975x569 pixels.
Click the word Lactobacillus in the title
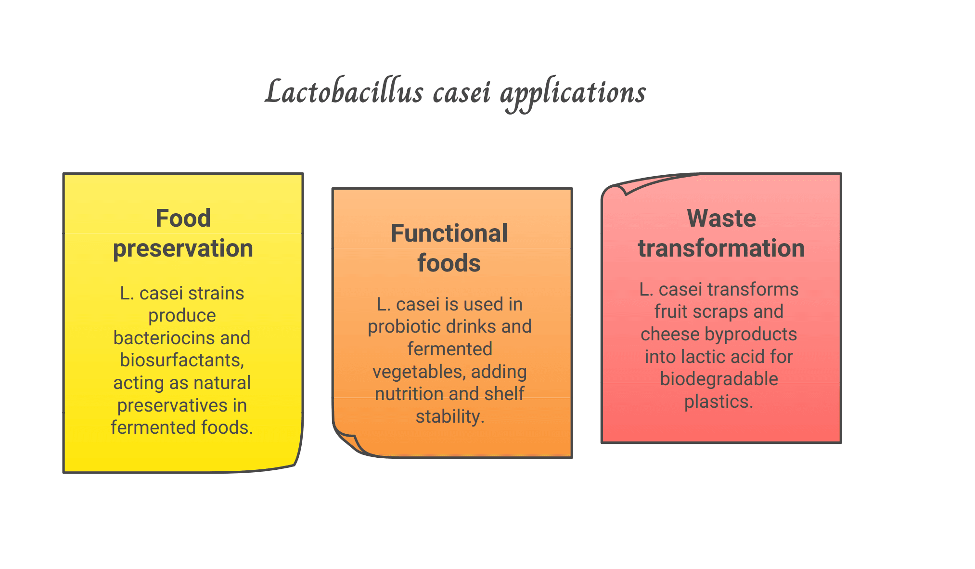(x=344, y=92)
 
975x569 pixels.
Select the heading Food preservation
(x=183, y=233)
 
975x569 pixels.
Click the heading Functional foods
(x=449, y=248)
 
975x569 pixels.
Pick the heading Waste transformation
(x=721, y=233)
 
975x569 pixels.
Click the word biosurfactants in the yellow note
(x=182, y=360)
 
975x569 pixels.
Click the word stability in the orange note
(x=449, y=416)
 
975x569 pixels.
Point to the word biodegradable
(x=718, y=379)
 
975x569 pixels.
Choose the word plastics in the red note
(x=718, y=401)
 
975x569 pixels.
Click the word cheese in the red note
(x=670, y=334)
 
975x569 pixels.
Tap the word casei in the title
(x=462, y=92)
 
